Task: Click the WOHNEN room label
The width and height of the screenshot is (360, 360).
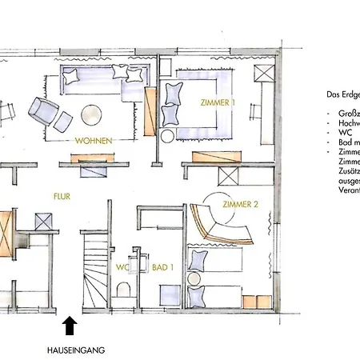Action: (x=93, y=141)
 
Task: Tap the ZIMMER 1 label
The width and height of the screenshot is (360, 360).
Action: (x=218, y=102)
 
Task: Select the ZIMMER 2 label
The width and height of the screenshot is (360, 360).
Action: (x=240, y=204)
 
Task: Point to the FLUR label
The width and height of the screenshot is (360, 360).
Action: (x=62, y=193)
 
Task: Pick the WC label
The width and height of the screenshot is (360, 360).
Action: (x=122, y=266)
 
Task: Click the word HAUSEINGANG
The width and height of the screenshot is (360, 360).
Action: (x=75, y=350)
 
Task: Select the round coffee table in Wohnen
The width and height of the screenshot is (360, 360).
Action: (x=90, y=114)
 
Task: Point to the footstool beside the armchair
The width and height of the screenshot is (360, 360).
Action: (x=63, y=122)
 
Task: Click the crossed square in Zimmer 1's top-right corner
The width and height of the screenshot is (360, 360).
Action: (x=265, y=74)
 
